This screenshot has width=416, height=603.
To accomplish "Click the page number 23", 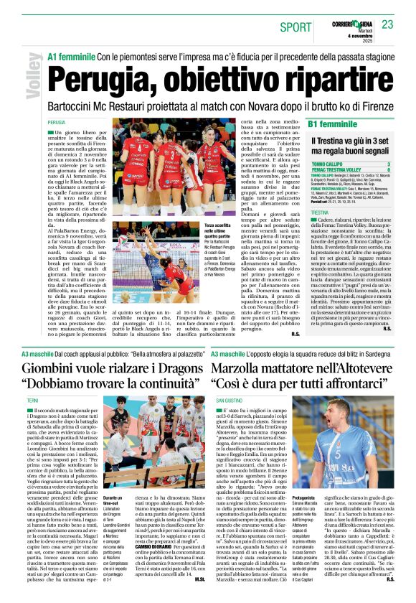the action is click(387, 25).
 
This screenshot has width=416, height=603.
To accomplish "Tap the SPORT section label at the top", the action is click(296, 27).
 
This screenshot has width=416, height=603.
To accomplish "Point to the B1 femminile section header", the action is click(333, 125).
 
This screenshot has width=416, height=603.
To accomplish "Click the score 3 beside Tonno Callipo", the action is click(388, 164).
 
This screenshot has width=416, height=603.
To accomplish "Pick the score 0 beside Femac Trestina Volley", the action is click(388, 170).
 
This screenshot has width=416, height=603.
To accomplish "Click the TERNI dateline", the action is click(33, 400).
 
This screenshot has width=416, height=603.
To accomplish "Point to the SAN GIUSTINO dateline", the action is click(230, 400).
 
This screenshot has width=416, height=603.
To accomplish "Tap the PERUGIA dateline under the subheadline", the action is click(57, 123).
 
